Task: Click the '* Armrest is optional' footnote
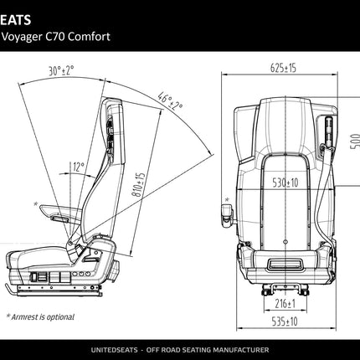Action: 39,317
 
